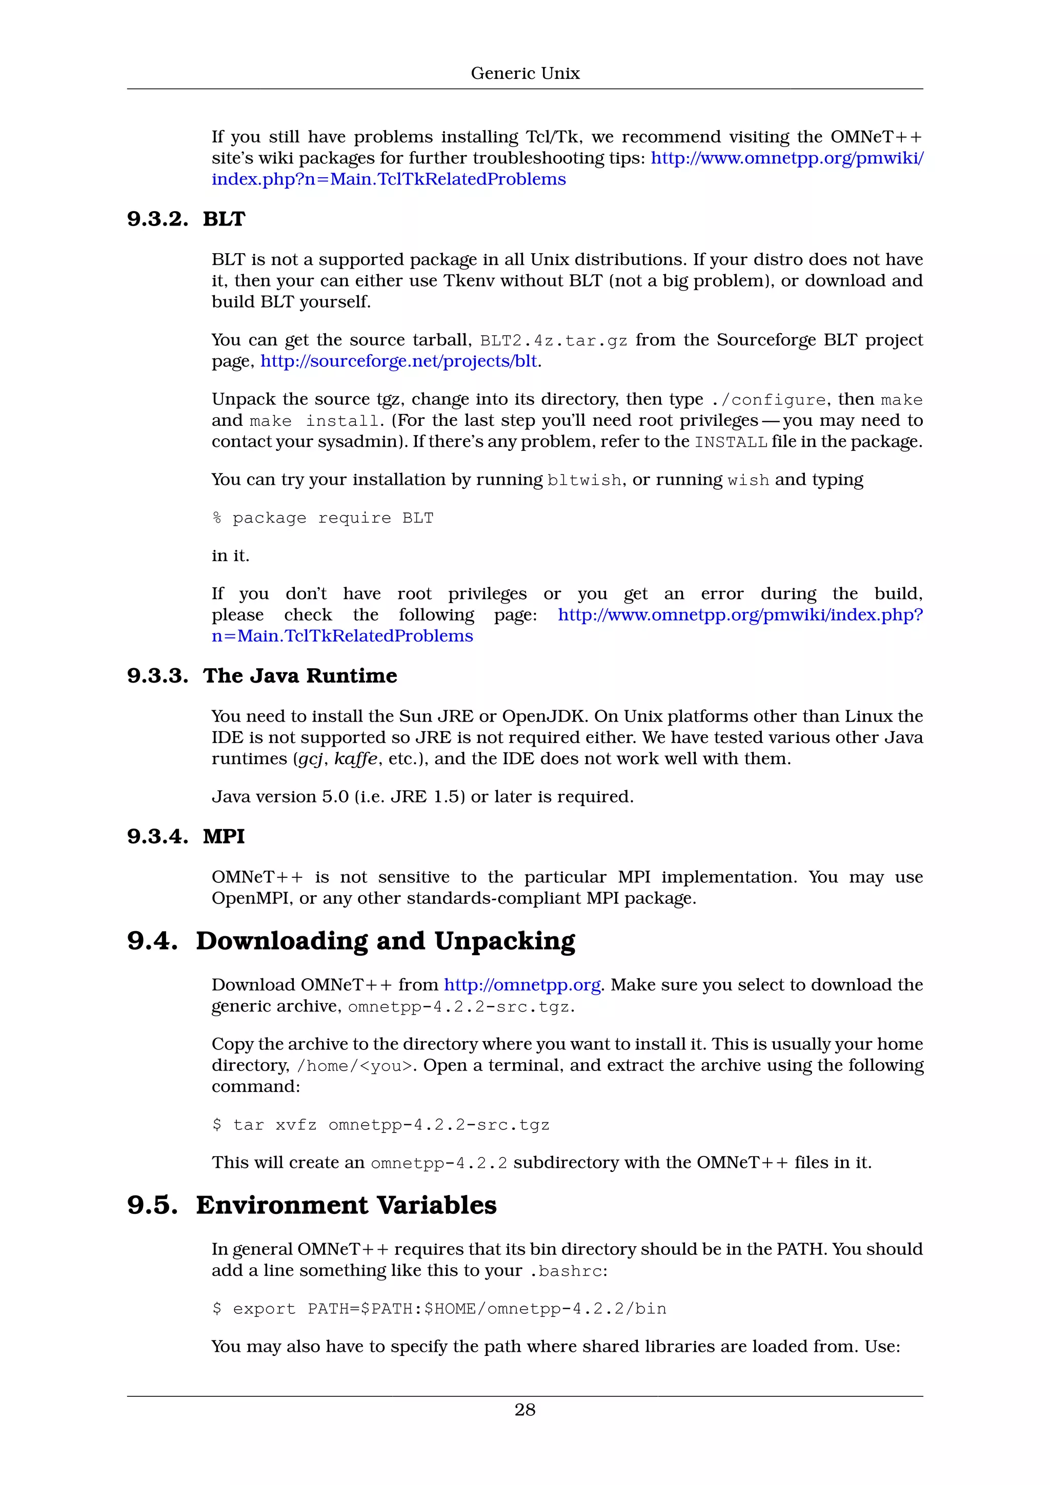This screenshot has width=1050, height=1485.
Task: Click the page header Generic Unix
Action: pyautogui.click(x=524, y=74)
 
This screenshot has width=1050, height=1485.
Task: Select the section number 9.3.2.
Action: pyautogui.click(x=157, y=219)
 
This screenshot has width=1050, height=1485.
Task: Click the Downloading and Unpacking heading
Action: pyautogui.click(x=385, y=941)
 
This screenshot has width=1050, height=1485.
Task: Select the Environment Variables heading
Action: pyautogui.click(x=346, y=1206)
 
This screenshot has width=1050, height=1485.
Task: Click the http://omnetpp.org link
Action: pyautogui.click(x=522, y=985)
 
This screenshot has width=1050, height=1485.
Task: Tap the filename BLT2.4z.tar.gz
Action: pyautogui.click(x=553, y=341)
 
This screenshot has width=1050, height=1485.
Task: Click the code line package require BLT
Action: pyautogui.click(x=323, y=518)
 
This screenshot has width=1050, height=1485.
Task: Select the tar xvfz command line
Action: pyautogui.click(x=381, y=1125)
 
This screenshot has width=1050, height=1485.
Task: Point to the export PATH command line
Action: pyautogui.click(x=439, y=1309)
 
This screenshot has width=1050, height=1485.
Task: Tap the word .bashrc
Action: pyautogui.click(x=566, y=1271)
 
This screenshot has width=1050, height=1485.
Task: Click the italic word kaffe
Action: pyautogui.click(x=355, y=759)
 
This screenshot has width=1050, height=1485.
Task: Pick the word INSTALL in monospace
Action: pyautogui.click(x=731, y=442)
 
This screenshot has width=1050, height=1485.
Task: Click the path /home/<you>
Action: pyautogui.click(x=354, y=1066)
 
